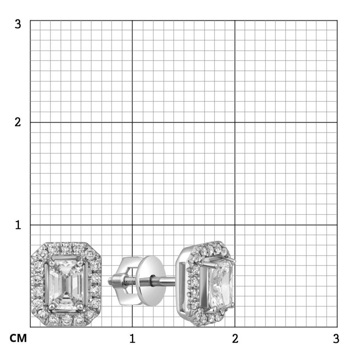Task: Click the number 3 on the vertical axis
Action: pos(18,24)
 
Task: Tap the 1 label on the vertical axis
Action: pos(18,225)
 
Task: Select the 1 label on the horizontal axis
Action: pos(132,338)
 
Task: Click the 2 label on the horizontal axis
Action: pos(235,338)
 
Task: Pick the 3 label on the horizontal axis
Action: pos(336,338)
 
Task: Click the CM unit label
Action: pos(18,338)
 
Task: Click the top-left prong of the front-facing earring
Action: pos(50,263)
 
